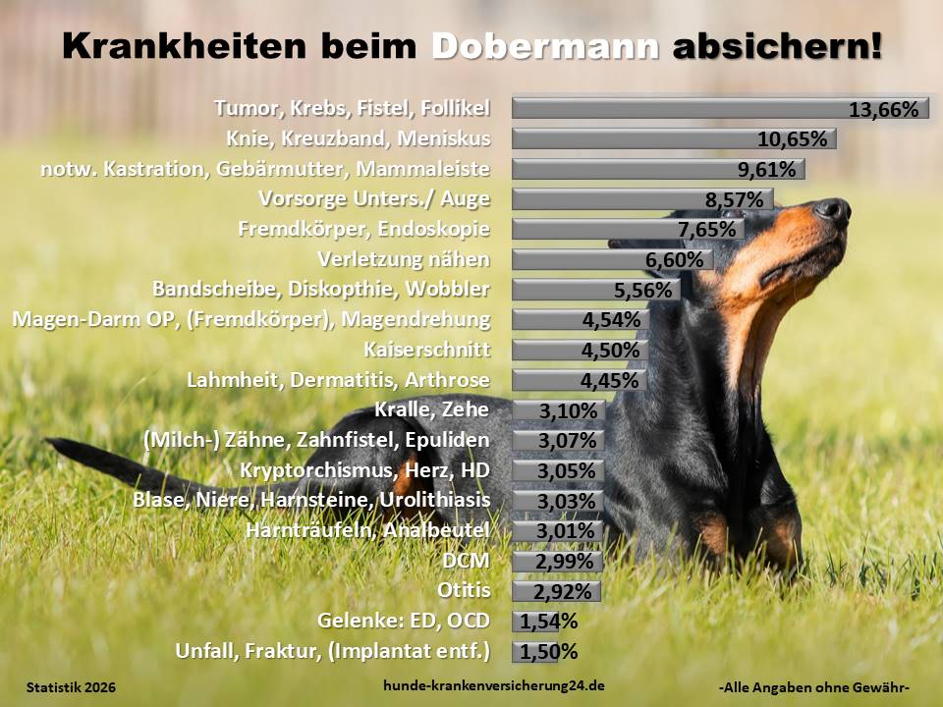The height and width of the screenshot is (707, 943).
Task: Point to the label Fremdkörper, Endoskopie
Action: click(x=363, y=229)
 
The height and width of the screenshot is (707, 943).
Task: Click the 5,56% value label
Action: click(x=642, y=290)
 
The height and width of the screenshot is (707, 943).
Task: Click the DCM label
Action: click(x=468, y=561)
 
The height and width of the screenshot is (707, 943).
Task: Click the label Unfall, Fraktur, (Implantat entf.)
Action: click(x=332, y=650)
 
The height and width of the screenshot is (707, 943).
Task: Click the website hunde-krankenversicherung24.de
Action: click(x=493, y=686)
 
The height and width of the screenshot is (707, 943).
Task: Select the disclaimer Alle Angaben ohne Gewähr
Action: click(x=814, y=687)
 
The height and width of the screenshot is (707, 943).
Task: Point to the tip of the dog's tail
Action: click(x=54, y=444)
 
